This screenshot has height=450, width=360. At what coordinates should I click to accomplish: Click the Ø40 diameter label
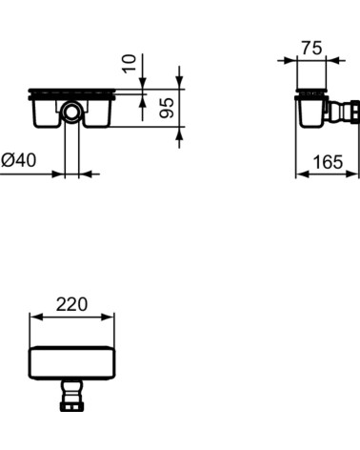pos(19,161)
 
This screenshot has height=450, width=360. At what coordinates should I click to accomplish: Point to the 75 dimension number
pos(311,48)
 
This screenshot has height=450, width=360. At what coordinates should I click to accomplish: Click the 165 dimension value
pos(328,162)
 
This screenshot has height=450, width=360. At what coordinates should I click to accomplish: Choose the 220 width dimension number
pos(72,305)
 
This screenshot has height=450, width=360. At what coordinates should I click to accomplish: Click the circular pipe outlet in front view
pos(72,113)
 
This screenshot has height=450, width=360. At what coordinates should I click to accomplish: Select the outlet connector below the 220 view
pos(71,395)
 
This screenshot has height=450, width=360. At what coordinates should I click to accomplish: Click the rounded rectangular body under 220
pos(72,362)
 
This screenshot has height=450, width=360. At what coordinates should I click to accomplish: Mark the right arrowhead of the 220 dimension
pos(110,317)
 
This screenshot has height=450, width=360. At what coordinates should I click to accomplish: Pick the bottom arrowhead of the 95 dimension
pos(179,137)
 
